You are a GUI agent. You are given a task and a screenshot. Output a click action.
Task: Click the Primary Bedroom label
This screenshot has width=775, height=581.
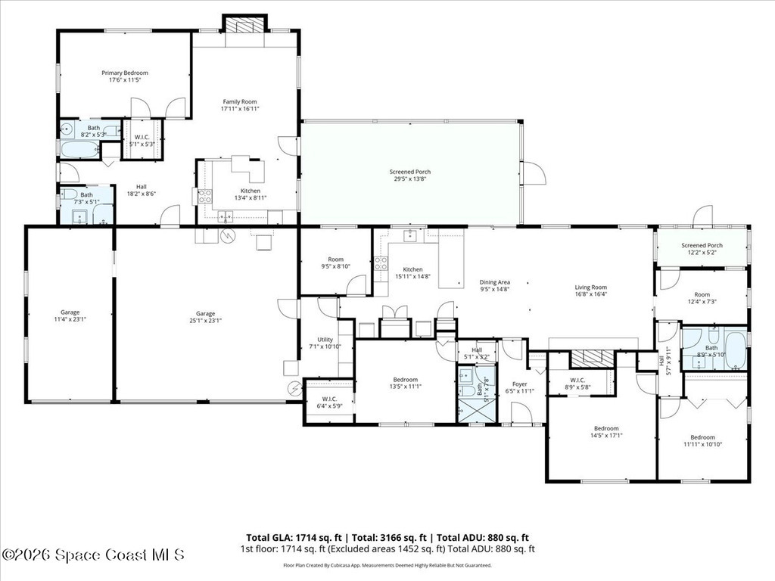(125, 73)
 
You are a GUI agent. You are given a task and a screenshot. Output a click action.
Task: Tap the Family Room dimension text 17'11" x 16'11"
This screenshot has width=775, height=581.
(239, 109)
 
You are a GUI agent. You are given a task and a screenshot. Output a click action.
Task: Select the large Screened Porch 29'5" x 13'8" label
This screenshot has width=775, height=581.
(411, 172)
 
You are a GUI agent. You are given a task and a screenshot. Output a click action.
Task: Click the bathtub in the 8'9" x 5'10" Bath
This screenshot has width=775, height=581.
(736, 348)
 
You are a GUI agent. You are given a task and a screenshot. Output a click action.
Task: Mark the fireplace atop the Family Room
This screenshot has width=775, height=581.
(244, 26)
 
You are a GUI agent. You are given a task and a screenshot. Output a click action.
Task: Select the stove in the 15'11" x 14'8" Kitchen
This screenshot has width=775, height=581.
(381, 264)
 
